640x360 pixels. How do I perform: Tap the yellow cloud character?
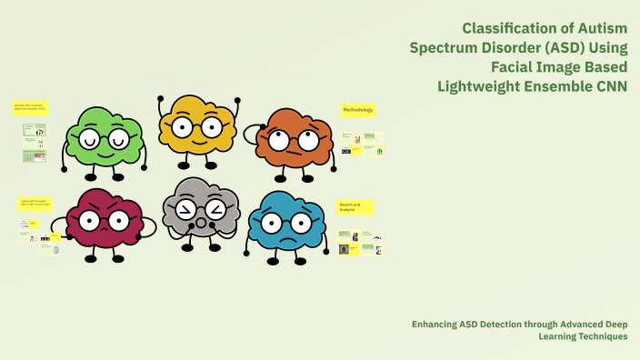tap(201, 127)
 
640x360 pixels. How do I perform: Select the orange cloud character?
tap(295, 138)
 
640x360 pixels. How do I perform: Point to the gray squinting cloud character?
tap(201, 210)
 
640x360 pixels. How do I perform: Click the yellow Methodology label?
tap(357, 110)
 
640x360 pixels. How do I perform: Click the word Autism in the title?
tap(601, 28)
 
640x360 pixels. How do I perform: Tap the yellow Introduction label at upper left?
tap(31, 108)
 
